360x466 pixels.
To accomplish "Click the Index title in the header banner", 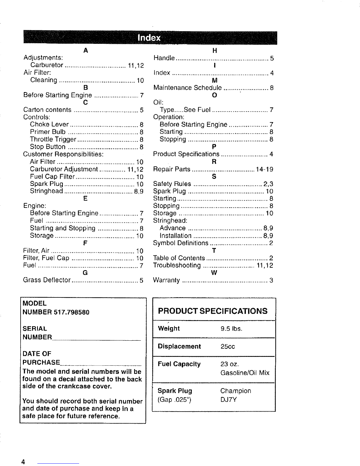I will [x=149, y=38].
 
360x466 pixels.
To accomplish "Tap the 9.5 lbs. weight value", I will [x=231, y=329].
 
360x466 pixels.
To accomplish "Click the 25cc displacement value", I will [x=228, y=347].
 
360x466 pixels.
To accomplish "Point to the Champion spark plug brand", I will [x=236, y=391].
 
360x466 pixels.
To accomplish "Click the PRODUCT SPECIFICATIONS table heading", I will [x=213, y=311].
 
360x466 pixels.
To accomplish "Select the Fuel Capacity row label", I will [x=179, y=364].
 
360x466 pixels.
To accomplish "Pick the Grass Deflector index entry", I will [x=47, y=280].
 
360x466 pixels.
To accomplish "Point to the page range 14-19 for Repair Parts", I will [x=264, y=169].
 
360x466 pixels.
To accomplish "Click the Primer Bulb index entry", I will [x=48, y=132].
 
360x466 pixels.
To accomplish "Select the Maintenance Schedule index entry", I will [x=188, y=88].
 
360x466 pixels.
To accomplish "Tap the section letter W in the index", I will [x=214, y=273].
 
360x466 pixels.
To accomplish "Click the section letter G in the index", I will [x=85, y=273].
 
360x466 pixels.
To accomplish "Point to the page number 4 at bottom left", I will [x=22, y=461].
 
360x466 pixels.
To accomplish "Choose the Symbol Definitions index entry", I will [x=181, y=243].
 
